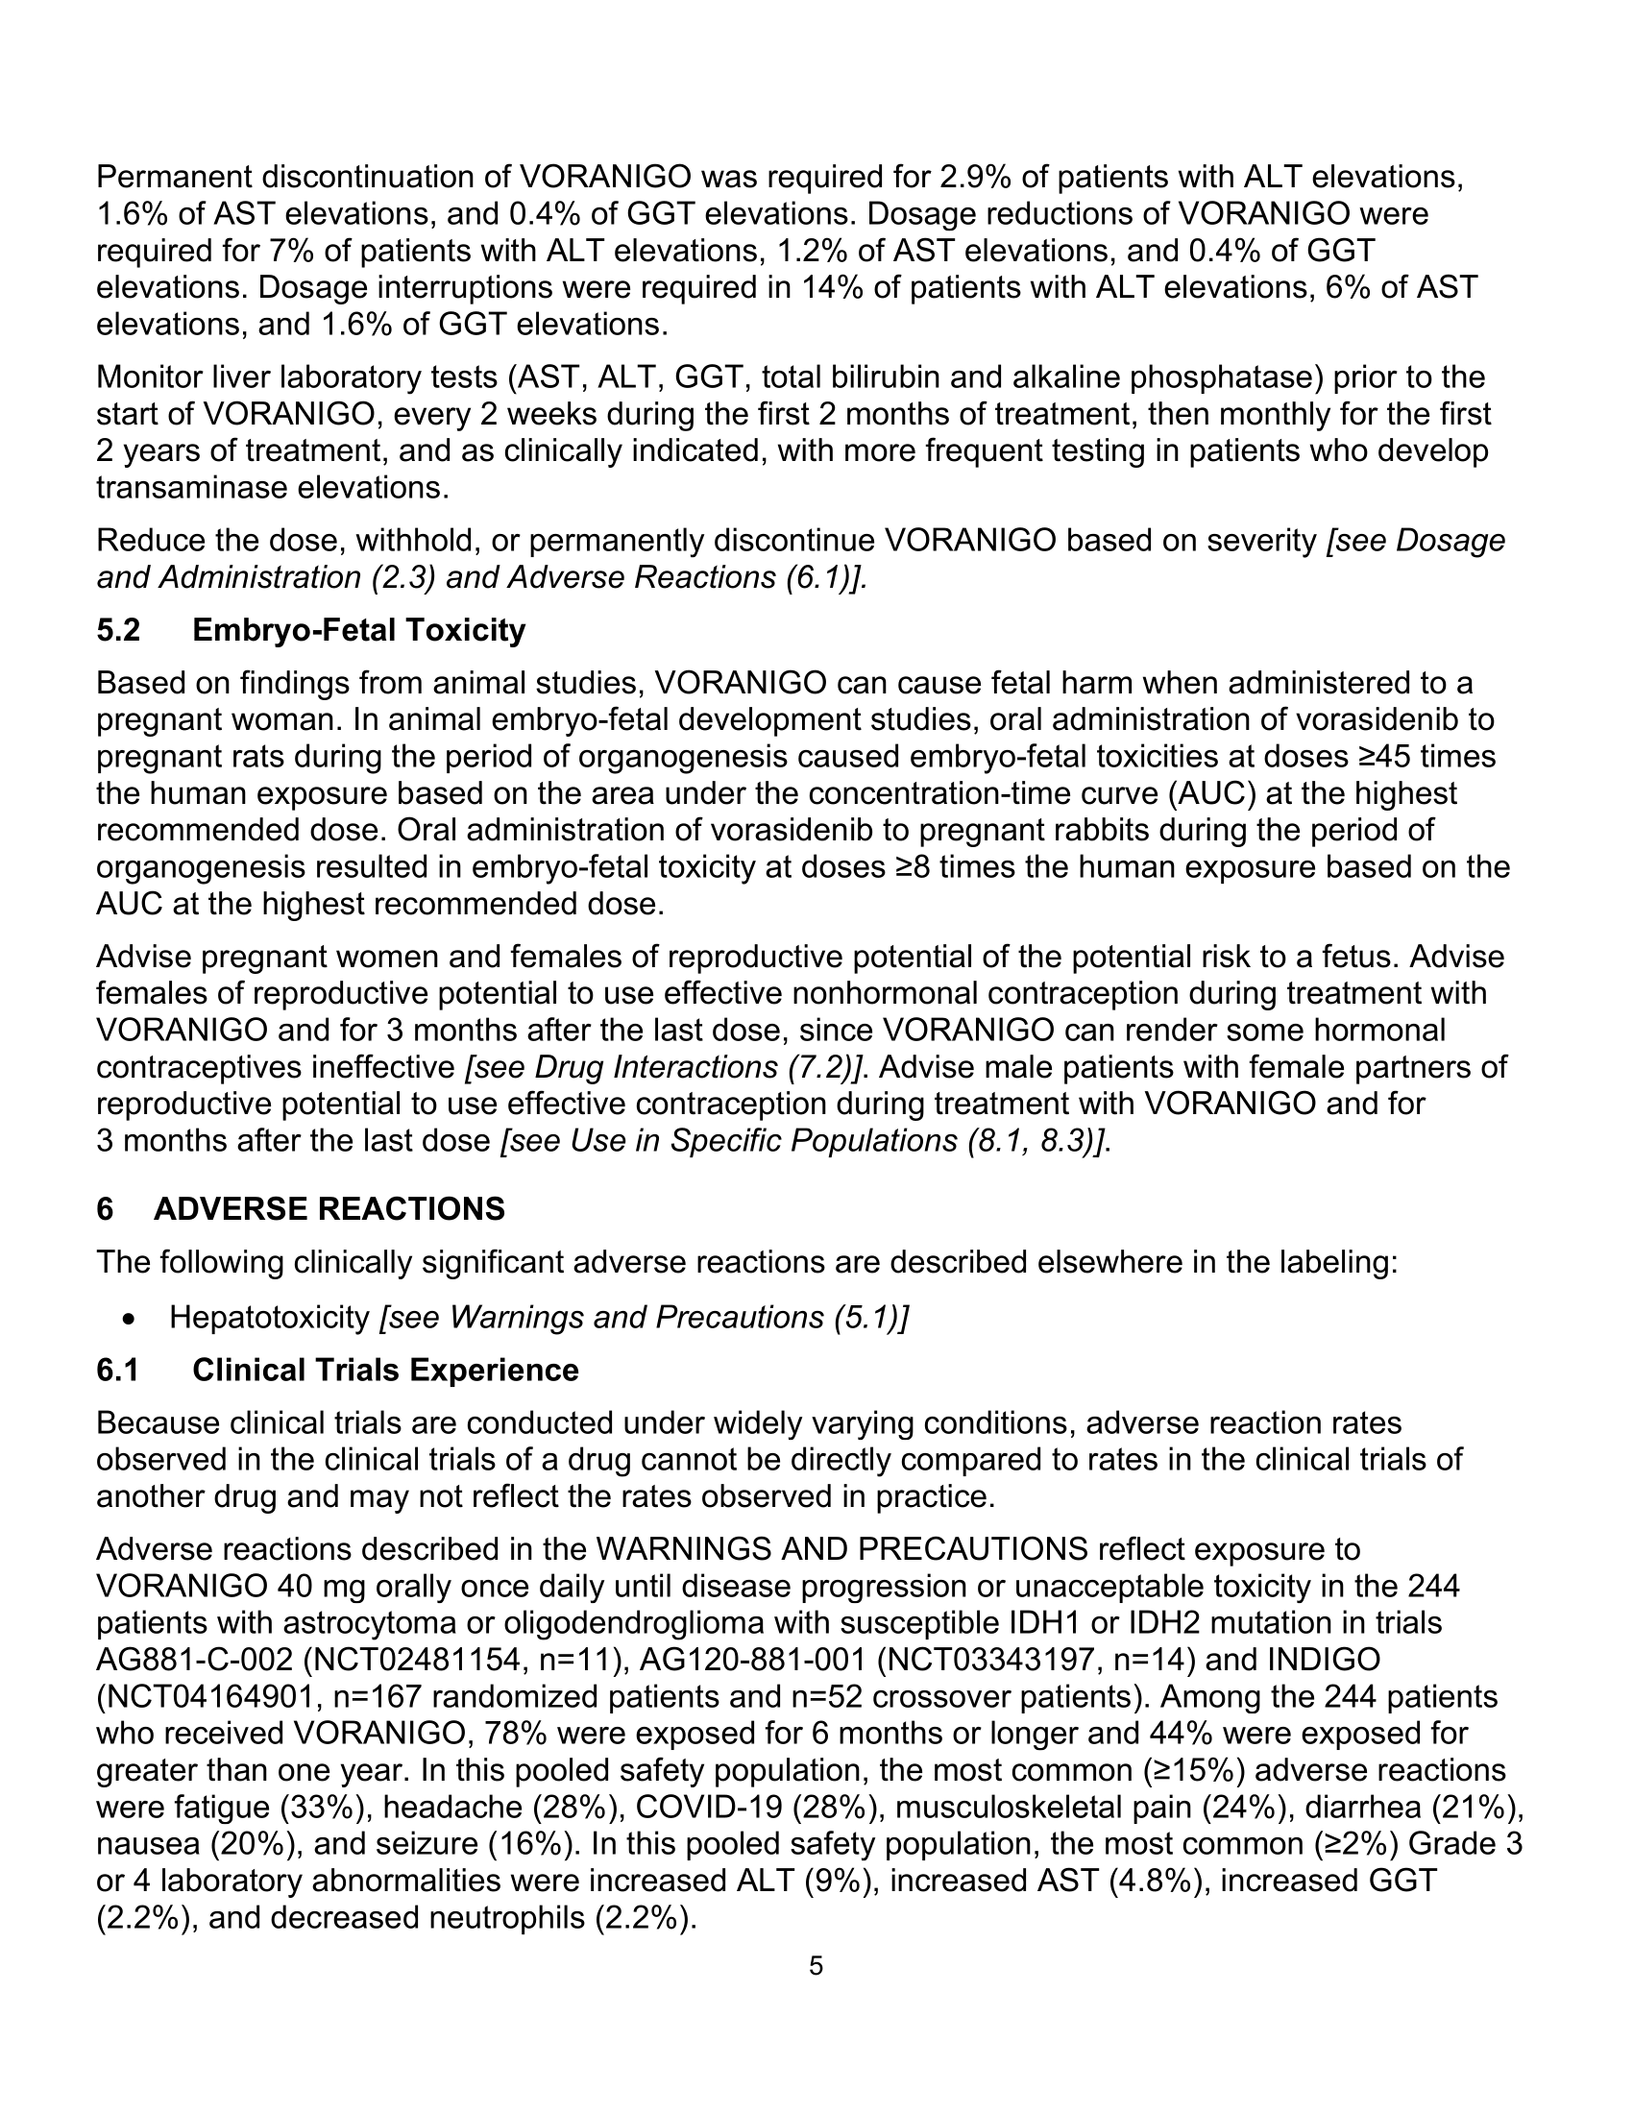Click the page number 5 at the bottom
tap(816, 1966)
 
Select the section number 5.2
tap(118, 630)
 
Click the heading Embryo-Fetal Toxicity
tap(359, 630)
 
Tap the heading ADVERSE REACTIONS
tap(329, 1209)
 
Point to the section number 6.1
tap(118, 1370)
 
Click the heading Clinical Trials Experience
tap(385, 1370)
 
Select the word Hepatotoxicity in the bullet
tap(270, 1318)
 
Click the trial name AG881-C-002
tap(193, 1661)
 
